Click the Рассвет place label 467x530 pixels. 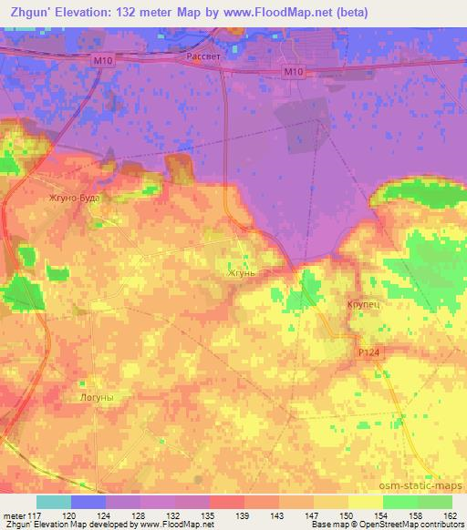coord(202,56)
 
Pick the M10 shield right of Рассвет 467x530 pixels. coord(293,72)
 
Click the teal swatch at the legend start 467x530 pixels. coord(54,502)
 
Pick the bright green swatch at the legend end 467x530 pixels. coord(435,502)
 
